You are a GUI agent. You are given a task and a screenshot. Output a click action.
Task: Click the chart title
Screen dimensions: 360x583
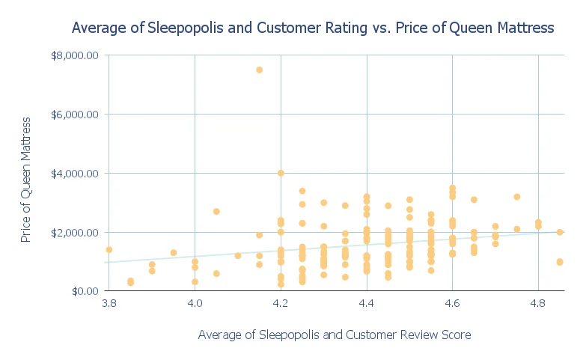(x=312, y=28)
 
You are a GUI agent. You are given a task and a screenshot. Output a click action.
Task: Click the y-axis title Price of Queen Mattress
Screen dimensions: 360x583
(x=26, y=179)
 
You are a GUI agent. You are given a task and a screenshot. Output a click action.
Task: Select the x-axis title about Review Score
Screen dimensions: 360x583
(x=335, y=335)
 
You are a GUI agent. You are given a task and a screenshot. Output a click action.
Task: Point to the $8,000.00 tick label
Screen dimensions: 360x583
(x=74, y=55)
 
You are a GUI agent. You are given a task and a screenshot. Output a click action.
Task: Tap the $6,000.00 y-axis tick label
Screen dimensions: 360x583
(x=74, y=115)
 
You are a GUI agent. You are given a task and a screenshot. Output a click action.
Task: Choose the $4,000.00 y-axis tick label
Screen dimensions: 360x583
(x=74, y=174)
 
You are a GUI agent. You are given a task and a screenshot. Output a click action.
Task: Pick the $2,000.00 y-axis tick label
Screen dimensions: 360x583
(x=74, y=233)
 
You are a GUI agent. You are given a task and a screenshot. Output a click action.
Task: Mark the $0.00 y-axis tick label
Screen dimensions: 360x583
(x=81, y=291)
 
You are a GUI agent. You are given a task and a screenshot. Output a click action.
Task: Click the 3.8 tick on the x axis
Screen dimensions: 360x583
(x=109, y=305)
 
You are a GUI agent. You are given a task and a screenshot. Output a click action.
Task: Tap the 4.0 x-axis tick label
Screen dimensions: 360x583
(x=195, y=305)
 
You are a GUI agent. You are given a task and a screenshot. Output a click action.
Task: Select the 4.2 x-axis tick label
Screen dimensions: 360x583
(x=281, y=305)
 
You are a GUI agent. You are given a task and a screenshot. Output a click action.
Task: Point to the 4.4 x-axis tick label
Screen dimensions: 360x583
(x=367, y=305)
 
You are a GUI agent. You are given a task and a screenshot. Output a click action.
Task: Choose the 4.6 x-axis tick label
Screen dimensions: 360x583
(x=453, y=305)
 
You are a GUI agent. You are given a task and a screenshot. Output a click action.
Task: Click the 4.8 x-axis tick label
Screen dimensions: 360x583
(x=539, y=305)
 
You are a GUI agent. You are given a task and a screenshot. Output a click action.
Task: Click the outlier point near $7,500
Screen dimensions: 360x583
(x=259, y=70)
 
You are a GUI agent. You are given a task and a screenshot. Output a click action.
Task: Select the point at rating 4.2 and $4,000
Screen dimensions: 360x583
(x=281, y=173)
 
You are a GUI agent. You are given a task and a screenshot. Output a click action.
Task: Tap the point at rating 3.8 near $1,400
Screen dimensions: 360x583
(x=109, y=250)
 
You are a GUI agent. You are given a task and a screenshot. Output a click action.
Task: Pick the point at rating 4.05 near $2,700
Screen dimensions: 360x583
(x=216, y=212)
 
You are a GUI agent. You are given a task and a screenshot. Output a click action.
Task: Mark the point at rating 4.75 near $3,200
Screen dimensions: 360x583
(x=517, y=197)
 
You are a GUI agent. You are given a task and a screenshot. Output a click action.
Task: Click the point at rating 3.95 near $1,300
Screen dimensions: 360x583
(x=174, y=253)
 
